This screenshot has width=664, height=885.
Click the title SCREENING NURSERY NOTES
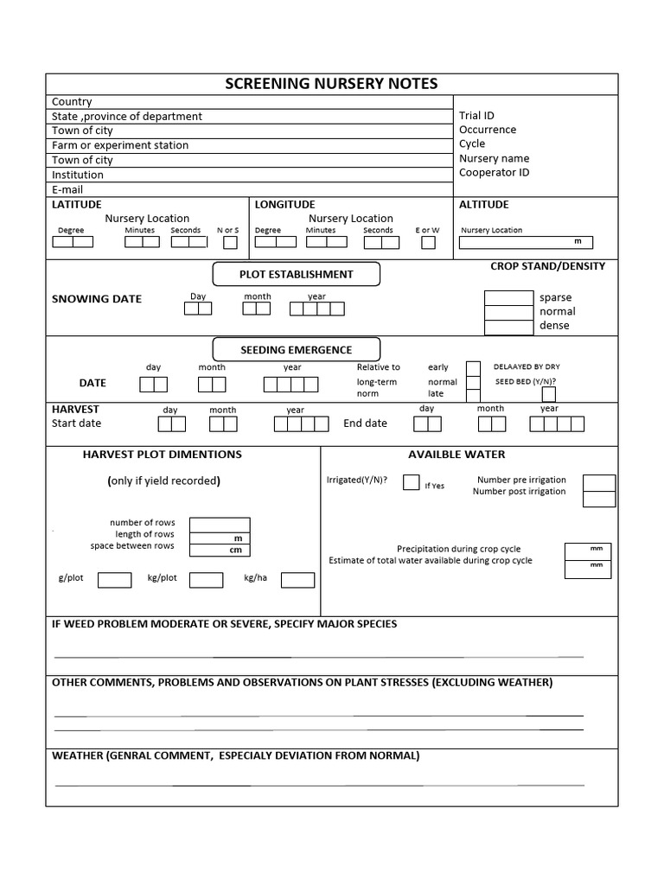[x=331, y=84]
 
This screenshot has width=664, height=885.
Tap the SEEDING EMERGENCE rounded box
[x=296, y=349]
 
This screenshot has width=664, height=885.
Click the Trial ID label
[x=476, y=115]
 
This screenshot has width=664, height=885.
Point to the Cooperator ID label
[x=494, y=172]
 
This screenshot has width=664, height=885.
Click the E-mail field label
[x=66, y=189]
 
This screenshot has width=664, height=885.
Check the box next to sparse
[x=508, y=298]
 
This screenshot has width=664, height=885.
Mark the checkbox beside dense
[x=508, y=328]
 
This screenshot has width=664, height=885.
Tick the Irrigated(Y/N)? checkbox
[x=412, y=482]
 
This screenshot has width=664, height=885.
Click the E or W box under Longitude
[x=428, y=243]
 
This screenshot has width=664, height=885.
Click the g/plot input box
[x=114, y=580]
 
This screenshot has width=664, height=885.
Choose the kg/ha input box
[x=297, y=580]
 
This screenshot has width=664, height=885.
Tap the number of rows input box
[x=220, y=525]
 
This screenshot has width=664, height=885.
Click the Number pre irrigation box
[x=599, y=482]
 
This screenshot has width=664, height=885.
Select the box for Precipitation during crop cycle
[x=587, y=551]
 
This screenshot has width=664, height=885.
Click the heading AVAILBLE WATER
[x=456, y=454]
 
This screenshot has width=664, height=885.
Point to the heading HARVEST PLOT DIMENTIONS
[x=162, y=454]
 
